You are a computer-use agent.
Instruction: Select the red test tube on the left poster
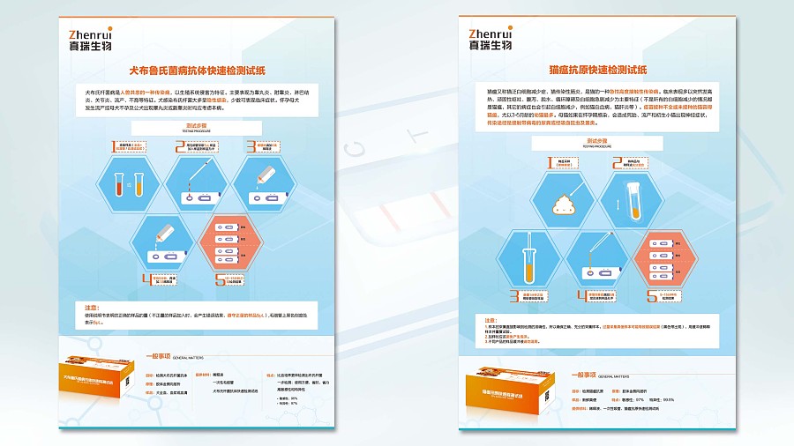tap(117, 184)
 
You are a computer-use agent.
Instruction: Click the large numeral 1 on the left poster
tap(113, 148)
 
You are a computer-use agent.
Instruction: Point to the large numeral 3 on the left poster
tap(251, 148)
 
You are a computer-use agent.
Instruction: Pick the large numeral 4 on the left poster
tap(146, 279)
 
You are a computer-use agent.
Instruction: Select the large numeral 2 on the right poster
tap(618, 163)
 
